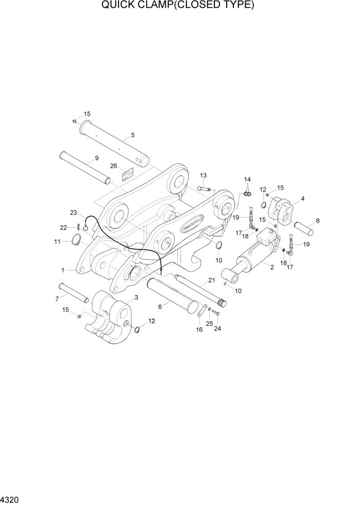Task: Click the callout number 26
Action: pos(114,166)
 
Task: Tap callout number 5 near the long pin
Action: pos(133,135)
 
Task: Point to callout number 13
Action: pos(203,175)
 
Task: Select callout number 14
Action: pos(247,179)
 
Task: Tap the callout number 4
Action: pos(303,199)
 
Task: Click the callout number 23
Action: pos(73,212)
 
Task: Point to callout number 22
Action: pos(63,227)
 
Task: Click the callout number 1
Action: pos(63,269)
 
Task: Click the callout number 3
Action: pos(136,298)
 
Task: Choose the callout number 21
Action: pos(210,280)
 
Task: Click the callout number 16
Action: pos(199,329)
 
